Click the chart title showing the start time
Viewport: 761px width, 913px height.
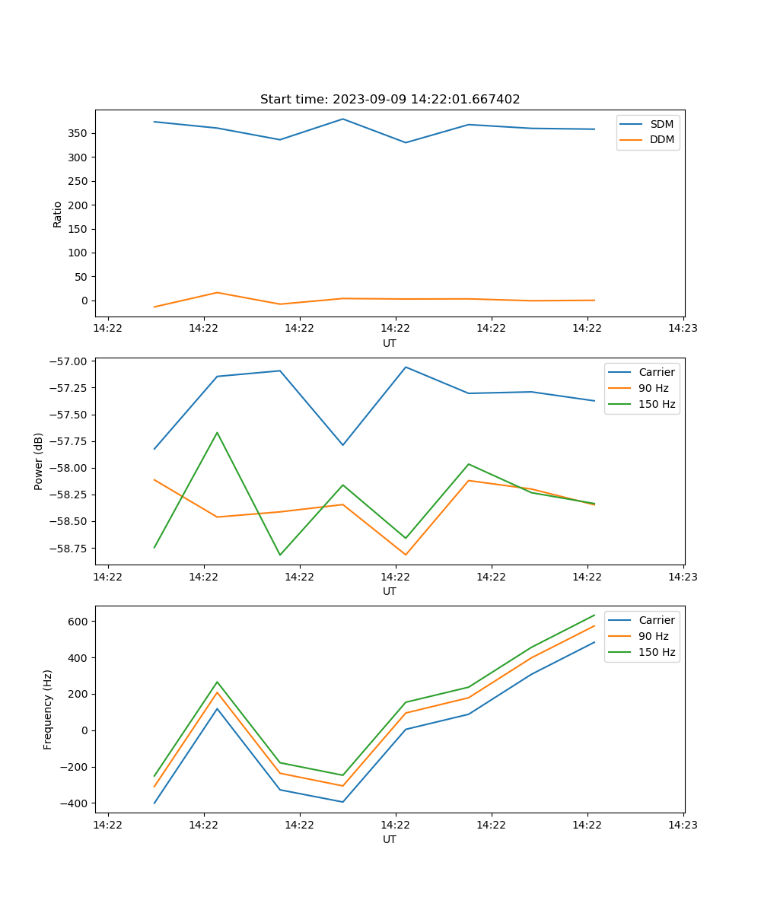(390, 100)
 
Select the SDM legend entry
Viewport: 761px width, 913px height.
(661, 123)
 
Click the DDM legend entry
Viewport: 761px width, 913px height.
(661, 139)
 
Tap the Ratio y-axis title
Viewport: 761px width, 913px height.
(58, 214)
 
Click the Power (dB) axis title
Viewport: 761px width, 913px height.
(39, 461)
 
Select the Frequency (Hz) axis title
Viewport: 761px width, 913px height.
(48, 709)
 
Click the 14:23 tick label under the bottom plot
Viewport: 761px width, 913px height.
(683, 825)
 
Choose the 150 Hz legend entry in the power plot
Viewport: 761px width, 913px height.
(657, 404)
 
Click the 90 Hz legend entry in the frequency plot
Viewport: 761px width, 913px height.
(654, 636)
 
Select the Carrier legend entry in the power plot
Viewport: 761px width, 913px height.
(657, 372)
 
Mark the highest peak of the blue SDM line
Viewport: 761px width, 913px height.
(343, 119)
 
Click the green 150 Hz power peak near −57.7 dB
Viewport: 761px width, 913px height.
(217, 433)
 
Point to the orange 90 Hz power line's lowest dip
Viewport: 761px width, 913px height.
(406, 555)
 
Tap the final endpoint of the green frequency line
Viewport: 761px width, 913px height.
(594, 615)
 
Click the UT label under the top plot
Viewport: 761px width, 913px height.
(390, 343)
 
